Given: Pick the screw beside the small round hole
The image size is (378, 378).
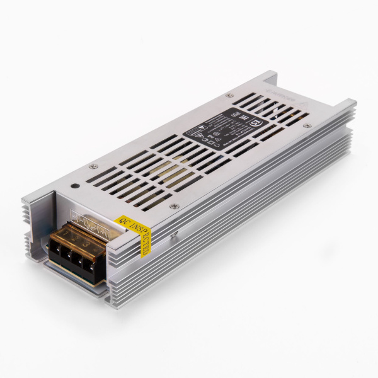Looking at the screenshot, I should (x=93, y=166).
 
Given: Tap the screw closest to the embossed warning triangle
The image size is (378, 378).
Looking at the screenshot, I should (x=307, y=126).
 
